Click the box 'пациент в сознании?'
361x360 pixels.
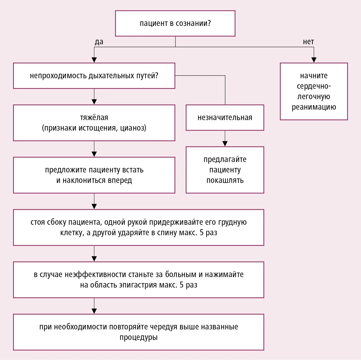click(x=175, y=23)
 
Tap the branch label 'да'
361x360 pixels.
click(x=99, y=42)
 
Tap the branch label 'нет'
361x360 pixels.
click(x=308, y=42)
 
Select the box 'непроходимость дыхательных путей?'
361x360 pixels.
click(x=94, y=76)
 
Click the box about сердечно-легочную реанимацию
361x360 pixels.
click(x=314, y=91)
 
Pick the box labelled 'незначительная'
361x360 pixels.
click(x=225, y=117)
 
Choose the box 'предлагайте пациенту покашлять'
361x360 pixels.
click(x=225, y=170)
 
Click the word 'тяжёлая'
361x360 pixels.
click(x=94, y=117)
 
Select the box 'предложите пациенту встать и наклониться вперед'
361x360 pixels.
click(x=94, y=175)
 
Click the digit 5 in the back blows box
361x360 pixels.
click(x=202, y=233)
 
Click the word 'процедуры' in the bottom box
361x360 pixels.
click(x=138, y=337)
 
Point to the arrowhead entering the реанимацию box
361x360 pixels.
click(x=314, y=60)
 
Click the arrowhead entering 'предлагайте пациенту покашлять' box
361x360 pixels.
click(x=225, y=144)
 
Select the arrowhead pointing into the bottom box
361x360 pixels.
click(x=94, y=311)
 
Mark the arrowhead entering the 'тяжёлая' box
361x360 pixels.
click(x=94, y=102)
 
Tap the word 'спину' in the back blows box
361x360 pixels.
click(x=167, y=233)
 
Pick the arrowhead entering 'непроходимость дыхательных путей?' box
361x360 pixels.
click(x=94, y=60)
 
